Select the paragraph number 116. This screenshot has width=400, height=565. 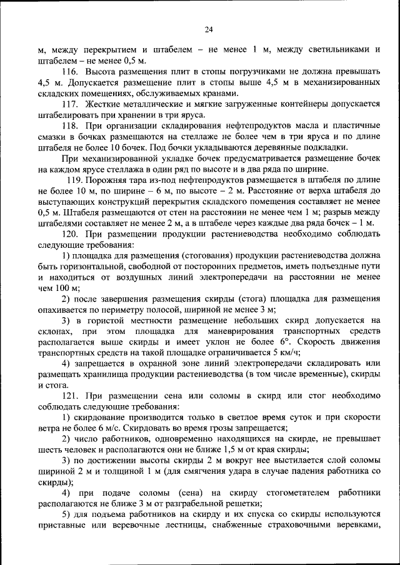(73, 72)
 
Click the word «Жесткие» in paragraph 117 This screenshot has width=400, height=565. (106, 104)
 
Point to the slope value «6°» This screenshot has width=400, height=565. (284, 342)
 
